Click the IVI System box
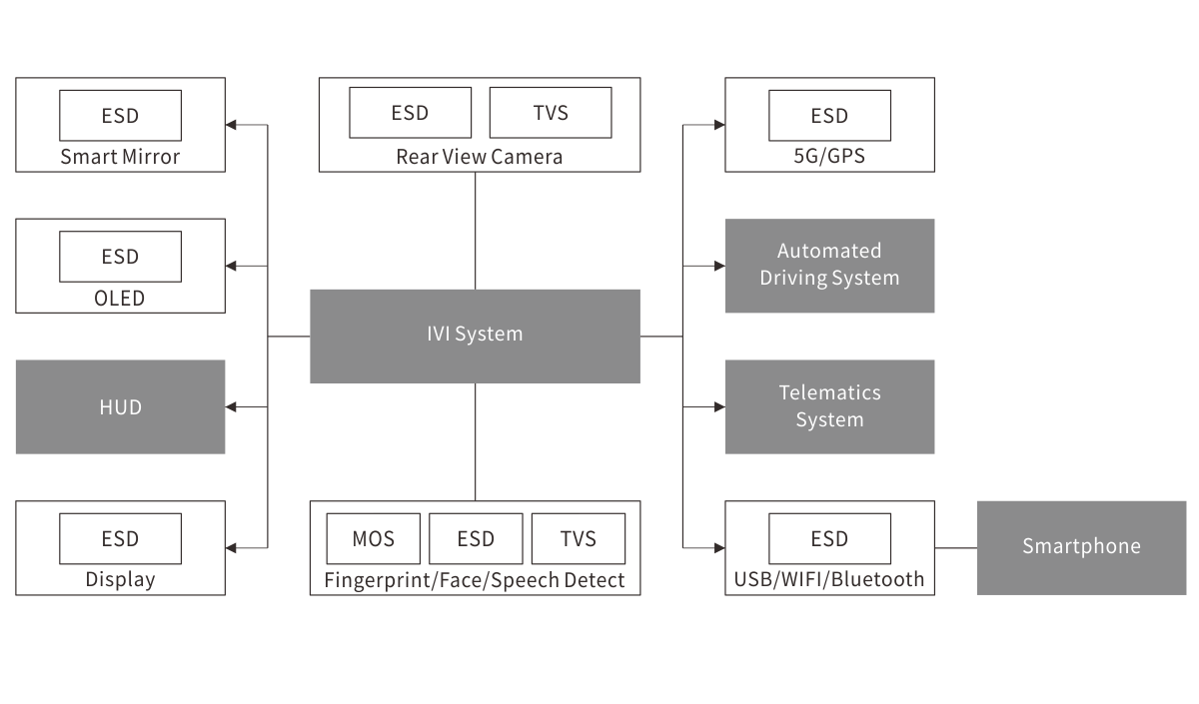[x=475, y=336]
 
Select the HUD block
[x=120, y=407]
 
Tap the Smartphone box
[x=1081, y=547]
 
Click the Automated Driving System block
[x=829, y=266]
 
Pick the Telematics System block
[x=829, y=406]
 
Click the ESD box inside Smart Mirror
[x=121, y=115]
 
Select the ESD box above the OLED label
[x=121, y=257]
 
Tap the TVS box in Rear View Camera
[x=551, y=112]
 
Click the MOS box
[x=374, y=539]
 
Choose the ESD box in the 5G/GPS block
[x=829, y=115]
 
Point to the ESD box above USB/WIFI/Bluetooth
[x=829, y=538]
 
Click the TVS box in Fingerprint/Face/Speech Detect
[x=579, y=539]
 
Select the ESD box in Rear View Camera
[x=410, y=112]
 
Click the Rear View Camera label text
[x=480, y=157]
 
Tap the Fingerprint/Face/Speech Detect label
[x=475, y=580]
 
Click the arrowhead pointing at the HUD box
[x=232, y=407]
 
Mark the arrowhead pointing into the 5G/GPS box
[x=718, y=125]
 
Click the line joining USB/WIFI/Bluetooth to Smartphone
[x=955, y=548]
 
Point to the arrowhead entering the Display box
[x=232, y=548]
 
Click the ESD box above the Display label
[x=121, y=538]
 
